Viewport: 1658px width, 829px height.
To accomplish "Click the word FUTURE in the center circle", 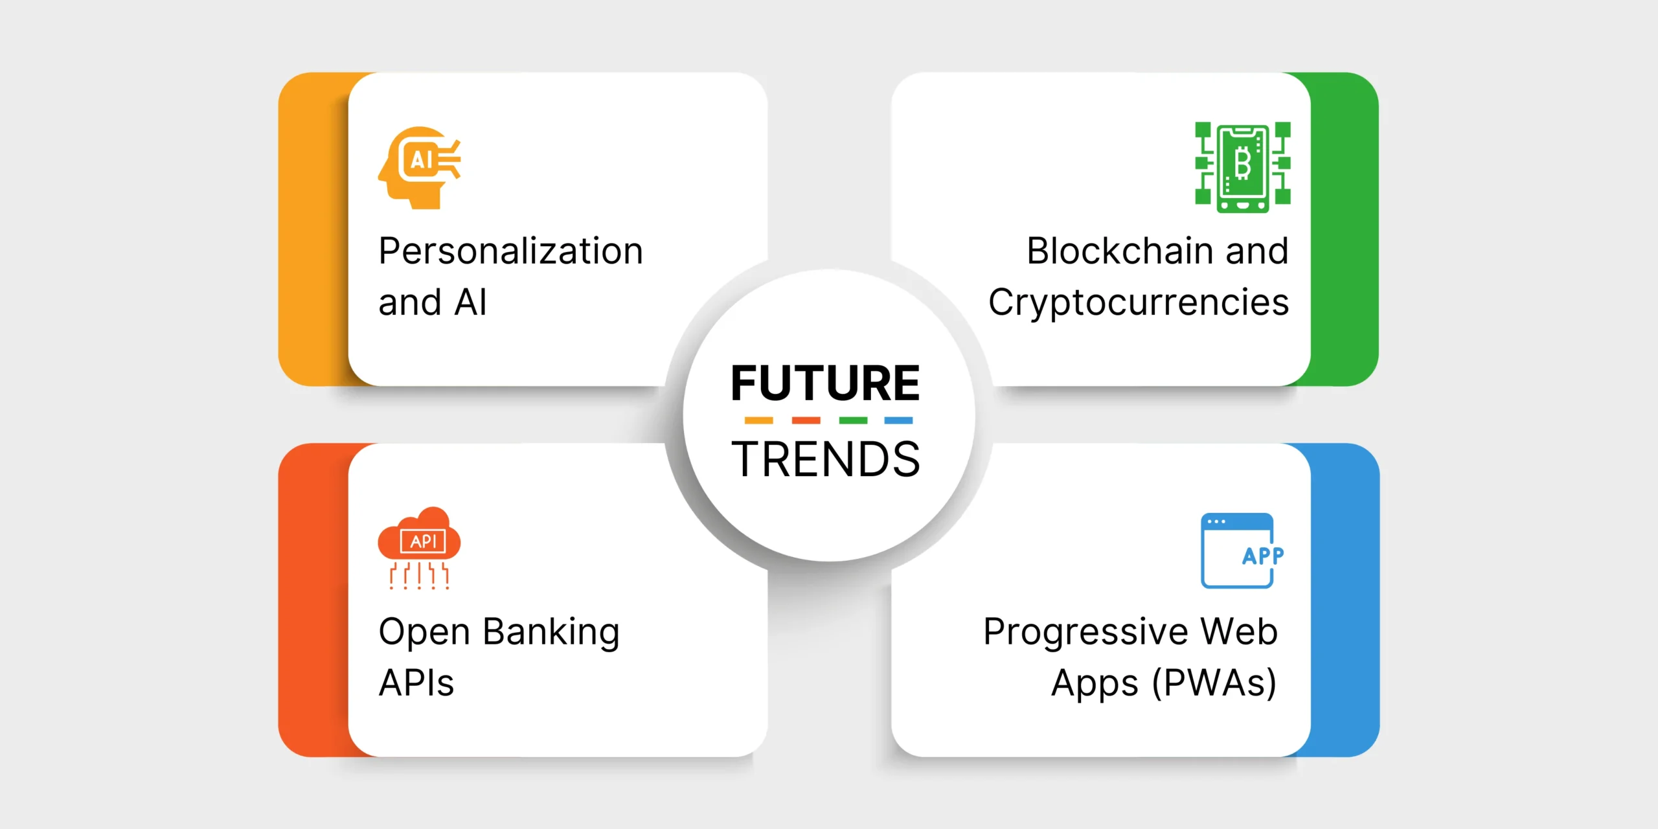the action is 825,383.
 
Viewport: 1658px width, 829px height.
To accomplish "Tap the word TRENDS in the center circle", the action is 826,459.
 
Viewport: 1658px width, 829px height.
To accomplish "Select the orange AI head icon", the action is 420,168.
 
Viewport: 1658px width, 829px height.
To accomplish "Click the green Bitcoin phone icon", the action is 1243,167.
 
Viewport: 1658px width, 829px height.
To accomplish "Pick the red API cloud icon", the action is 419,548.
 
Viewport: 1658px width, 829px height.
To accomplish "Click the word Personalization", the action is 511,252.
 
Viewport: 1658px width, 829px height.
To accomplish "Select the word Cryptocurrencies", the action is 1139,303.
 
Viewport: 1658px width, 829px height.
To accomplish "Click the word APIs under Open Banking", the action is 416,683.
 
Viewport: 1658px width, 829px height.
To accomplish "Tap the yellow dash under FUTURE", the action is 758,420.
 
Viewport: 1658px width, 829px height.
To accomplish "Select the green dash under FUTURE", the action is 853,420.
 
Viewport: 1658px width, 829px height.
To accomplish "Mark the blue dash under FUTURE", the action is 899,420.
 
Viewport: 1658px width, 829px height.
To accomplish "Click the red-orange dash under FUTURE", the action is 806,420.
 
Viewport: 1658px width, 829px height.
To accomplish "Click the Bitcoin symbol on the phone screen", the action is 1242,164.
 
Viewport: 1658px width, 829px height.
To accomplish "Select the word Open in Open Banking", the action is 424,633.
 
